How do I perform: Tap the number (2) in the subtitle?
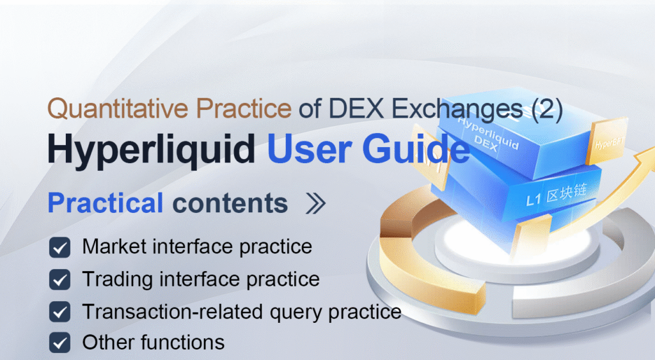click(x=547, y=109)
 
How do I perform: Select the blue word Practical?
click(x=106, y=203)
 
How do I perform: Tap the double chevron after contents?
click(x=315, y=204)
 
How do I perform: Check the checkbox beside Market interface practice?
click(x=60, y=247)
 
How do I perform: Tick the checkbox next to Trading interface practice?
click(x=60, y=280)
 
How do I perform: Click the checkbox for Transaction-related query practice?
click(x=60, y=312)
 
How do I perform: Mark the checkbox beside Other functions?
click(x=60, y=343)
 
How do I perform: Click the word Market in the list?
click(x=111, y=246)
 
